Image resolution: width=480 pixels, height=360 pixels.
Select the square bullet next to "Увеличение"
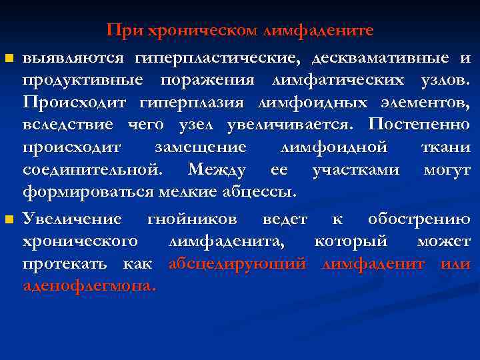coord(8,219)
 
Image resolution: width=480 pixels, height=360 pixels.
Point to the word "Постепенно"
coord(419,125)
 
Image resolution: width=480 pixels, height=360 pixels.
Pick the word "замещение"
coord(200,147)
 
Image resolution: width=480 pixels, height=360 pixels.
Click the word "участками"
coord(356,169)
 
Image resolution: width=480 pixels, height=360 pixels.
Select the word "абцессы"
coord(258,192)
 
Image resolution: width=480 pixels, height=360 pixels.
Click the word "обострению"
coord(419,219)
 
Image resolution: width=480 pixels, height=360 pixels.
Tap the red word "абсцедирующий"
coord(237,263)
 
